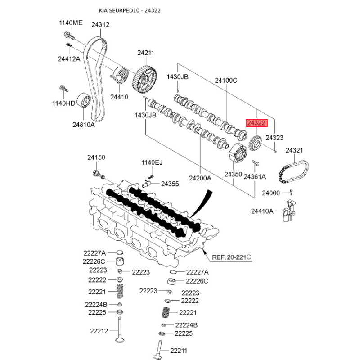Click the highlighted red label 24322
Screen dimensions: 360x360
256,122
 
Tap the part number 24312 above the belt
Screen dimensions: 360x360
100,25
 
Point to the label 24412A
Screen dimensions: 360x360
69,59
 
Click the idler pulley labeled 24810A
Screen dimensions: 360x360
83,101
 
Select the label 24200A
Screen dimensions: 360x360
200,178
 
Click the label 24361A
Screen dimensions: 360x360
255,177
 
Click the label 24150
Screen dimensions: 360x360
96,157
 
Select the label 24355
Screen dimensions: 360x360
170,184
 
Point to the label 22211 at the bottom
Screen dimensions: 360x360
179,351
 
